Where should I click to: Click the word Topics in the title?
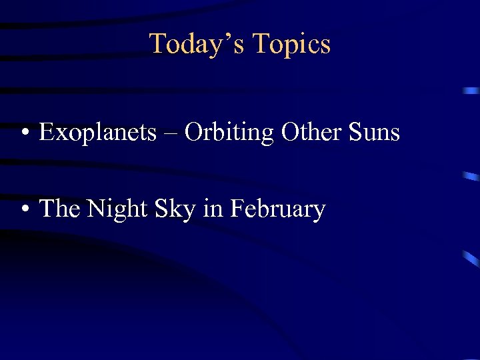tap(291, 44)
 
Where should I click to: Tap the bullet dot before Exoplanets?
tap(24, 133)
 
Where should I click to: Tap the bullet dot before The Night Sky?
tap(24, 210)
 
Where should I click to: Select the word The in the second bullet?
tap(60, 209)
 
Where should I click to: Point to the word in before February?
tap(213, 209)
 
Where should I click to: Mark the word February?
tap(277, 210)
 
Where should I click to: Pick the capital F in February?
tap(236, 209)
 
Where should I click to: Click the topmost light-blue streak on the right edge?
tap(471, 91)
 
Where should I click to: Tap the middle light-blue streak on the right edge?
tap(471, 177)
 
